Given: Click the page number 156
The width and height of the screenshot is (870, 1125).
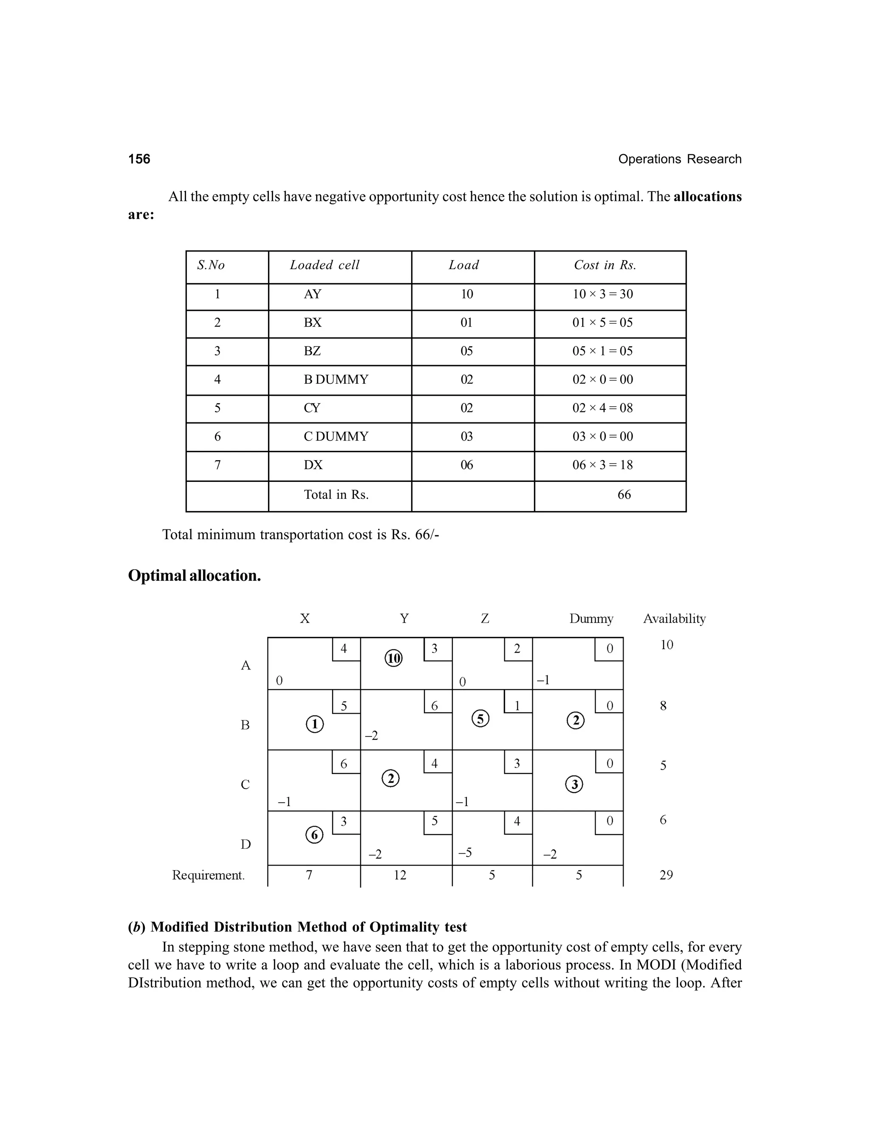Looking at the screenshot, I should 139,159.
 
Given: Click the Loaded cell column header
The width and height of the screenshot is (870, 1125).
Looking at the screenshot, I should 324,265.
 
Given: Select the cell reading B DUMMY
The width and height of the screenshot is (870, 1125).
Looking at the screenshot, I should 336,380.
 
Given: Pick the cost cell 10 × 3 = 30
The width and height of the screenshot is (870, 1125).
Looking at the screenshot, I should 602,294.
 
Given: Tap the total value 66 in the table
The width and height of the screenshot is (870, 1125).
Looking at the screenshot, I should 624,495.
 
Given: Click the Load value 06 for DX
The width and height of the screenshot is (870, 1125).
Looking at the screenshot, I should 466,465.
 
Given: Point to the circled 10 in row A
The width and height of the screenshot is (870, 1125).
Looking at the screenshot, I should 394,658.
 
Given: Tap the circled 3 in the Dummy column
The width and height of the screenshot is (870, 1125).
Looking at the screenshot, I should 574,785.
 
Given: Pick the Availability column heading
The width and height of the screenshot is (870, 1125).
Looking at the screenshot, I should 674,619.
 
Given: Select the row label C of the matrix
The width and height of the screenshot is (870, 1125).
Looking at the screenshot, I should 246,785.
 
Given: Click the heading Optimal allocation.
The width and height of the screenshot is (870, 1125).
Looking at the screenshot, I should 194,575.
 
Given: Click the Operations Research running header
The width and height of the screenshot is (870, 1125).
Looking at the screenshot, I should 679,159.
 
